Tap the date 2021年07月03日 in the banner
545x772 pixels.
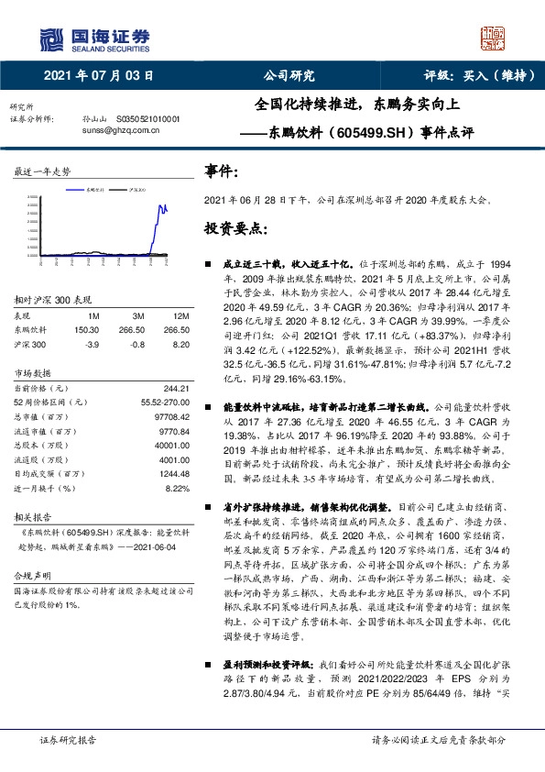(x=98, y=77)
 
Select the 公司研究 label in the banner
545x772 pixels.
(x=289, y=77)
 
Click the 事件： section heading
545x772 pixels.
(x=222, y=171)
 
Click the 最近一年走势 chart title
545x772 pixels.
(x=42, y=172)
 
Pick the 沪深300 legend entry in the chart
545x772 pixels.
(x=137, y=186)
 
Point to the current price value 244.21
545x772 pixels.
(x=175, y=387)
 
